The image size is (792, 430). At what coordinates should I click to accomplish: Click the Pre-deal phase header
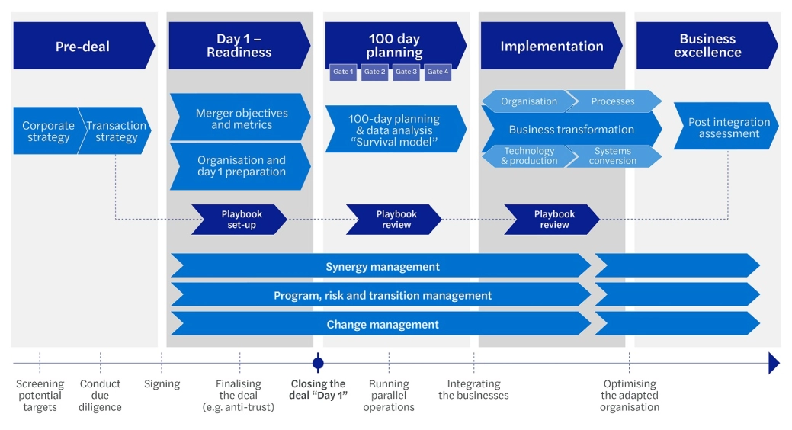(82, 46)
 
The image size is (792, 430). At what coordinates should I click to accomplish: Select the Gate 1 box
(343, 72)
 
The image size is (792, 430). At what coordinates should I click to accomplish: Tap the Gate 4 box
(438, 72)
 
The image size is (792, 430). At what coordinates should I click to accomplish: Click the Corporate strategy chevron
(48, 131)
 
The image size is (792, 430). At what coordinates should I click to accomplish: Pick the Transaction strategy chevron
(116, 131)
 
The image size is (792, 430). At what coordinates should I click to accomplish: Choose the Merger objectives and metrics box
(240, 118)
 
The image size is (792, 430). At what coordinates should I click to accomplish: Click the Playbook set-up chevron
(239, 220)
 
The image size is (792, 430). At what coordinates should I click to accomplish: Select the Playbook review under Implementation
(553, 220)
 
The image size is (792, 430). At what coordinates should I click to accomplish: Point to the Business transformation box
(571, 130)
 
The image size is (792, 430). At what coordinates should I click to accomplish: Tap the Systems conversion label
(612, 156)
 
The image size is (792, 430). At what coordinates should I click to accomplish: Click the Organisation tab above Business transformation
(528, 101)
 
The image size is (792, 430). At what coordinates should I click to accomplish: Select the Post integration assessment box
(728, 127)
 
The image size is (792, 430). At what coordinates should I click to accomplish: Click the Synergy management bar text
(382, 266)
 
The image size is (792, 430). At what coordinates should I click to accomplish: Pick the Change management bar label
(382, 324)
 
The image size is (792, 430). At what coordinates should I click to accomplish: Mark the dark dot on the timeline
(318, 363)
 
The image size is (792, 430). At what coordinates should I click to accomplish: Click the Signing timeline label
(162, 384)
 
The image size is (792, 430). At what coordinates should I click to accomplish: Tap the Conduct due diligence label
(100, 395)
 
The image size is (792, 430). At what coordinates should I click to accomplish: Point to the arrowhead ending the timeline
(774, 363)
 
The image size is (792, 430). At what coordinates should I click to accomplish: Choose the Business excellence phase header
(707, 46)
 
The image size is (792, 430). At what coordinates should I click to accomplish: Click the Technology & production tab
(528, 156)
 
